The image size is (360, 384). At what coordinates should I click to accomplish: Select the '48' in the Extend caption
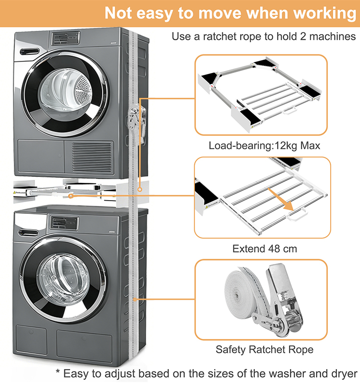(x=269, y=249)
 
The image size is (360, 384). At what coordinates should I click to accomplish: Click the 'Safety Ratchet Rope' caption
(x=264, y=349)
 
